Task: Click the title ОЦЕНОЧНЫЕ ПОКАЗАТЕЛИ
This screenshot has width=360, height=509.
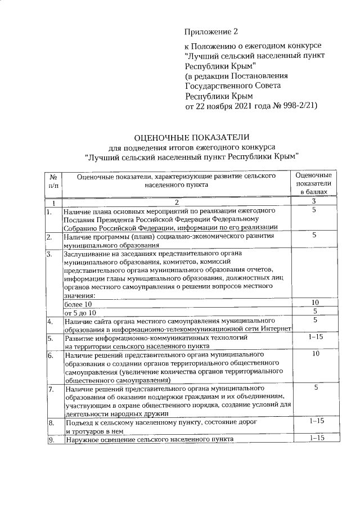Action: point(190,137)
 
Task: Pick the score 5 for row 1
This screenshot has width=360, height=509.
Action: point(315,210)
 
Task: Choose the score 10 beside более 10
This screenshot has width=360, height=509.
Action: point(315,303)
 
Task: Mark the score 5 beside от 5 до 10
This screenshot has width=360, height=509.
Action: point(315,311)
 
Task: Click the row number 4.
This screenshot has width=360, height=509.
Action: point(51,321)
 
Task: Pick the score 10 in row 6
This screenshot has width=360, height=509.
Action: point(315,354)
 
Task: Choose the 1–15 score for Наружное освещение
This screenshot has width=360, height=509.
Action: point(315,439)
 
